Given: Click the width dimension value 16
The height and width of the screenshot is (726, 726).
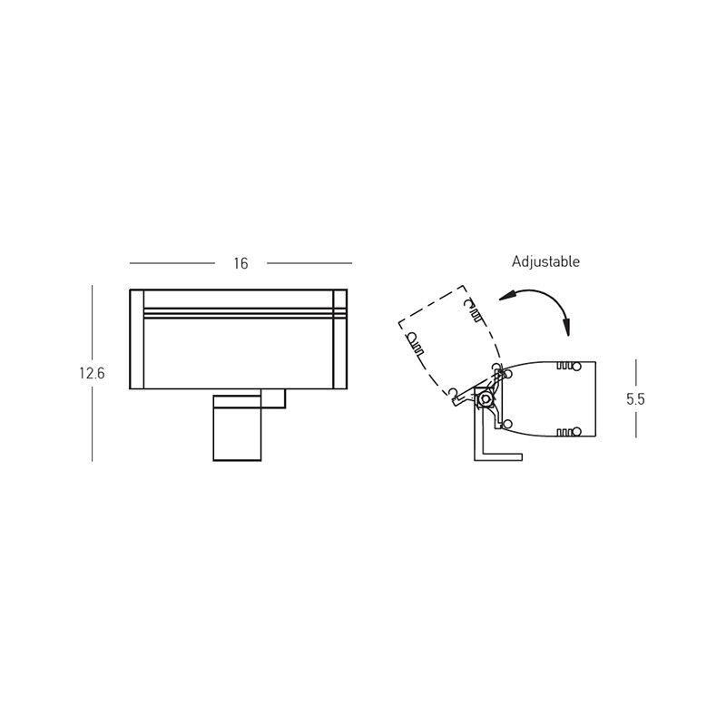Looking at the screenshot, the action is (x=241, y=263).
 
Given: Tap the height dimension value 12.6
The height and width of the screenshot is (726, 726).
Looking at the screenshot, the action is (x=93, y=373).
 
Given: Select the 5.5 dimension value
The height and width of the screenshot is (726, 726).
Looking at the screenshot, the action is (x=636, y=399).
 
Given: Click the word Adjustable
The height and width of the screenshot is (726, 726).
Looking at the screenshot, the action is (x=545, y=262).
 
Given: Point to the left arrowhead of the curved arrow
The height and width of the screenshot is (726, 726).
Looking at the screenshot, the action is (x=507, y=296).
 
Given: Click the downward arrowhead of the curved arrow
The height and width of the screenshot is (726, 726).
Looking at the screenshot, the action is (x=565, y=327).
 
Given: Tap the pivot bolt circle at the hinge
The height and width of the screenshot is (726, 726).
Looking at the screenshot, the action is (x=486, y=398).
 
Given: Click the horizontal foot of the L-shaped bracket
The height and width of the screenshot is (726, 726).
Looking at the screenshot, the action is (x=503, y=456).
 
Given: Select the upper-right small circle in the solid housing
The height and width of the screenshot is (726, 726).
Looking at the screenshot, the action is (x=576, y=367).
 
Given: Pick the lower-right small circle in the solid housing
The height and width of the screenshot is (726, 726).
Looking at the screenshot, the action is (x=576, y=432).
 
